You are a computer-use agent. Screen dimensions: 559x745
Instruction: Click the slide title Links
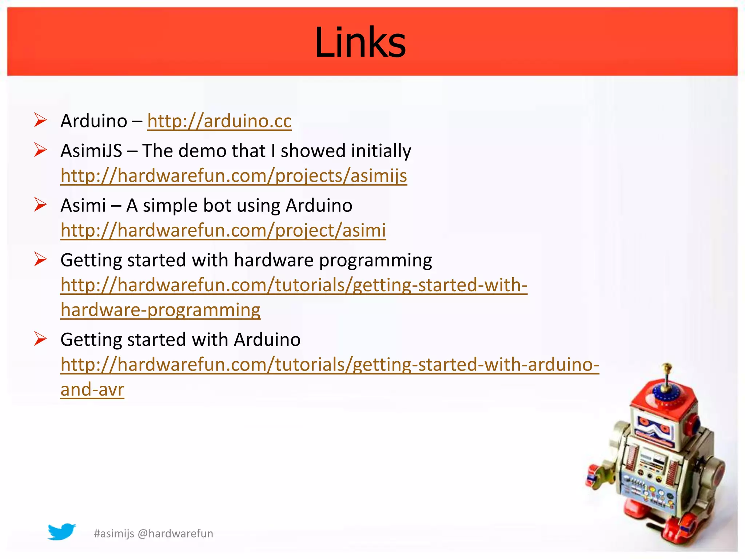(360, 42)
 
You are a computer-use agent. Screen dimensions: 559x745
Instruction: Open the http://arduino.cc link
(219, 121)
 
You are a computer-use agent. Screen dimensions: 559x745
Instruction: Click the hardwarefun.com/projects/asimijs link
(234, 176)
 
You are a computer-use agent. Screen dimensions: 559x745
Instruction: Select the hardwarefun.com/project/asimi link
(223, 230)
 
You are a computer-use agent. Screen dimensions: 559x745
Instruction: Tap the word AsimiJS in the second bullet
(91, 151)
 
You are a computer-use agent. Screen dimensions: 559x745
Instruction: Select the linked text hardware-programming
(160, 310)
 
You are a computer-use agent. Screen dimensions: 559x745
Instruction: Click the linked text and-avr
(92, 389)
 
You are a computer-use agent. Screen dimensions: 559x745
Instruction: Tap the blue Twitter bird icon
(61, 532)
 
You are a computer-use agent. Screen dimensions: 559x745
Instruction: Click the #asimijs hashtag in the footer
(114, 534)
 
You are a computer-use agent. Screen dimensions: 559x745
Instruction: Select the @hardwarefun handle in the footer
(176, 534)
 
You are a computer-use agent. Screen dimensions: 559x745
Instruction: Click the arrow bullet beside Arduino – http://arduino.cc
(40, 120)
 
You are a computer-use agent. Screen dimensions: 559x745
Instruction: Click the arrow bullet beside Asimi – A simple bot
(40, 205)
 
